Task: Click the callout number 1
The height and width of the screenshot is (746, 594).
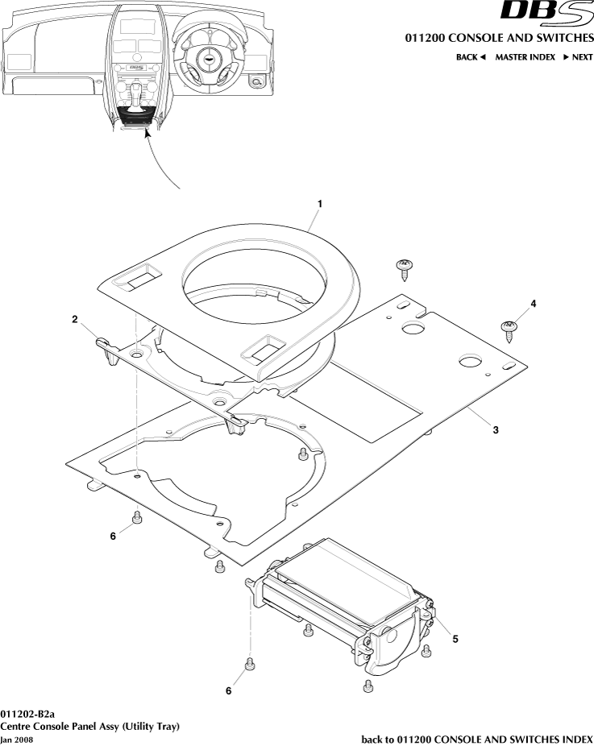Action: (319, 205)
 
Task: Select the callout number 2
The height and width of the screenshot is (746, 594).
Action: (74, 320)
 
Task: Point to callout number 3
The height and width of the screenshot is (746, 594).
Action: (496, 430)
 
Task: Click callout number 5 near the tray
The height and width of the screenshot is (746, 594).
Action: (455, 639)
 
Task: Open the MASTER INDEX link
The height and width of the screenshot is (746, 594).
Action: (525, 57)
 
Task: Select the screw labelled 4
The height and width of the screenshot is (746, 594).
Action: (508, 329)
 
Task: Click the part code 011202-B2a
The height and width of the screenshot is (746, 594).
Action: (27, 714)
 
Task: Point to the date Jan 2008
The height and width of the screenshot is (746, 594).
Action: (18, 739)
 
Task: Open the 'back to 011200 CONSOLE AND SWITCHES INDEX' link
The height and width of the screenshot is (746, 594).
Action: (476, 739)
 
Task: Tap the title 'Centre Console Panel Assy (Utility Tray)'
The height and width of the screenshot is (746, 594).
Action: (89, 726)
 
